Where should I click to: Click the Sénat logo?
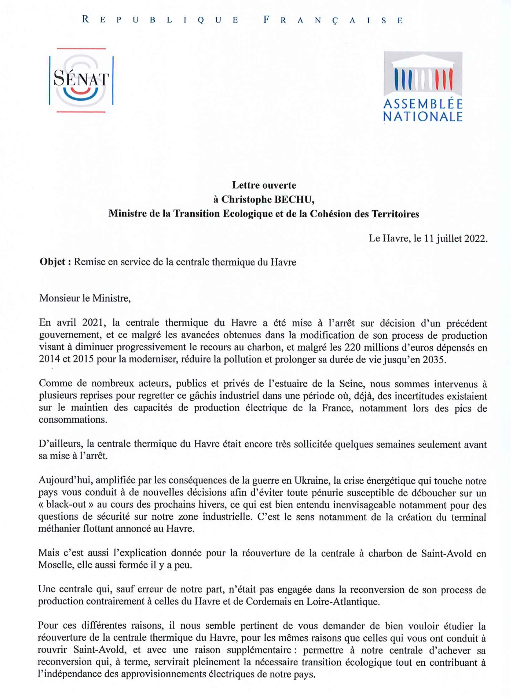pyautogui.click(x=81, y=80)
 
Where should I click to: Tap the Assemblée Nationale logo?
pyautogui.click(x=423, y=86)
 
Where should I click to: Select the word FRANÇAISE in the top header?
pyautogui.click(x=333, y=20)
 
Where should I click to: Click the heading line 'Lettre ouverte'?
pyautogui.click(x=264, y=185)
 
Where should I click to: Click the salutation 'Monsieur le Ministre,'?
pyautogui.click(x=85, y=298)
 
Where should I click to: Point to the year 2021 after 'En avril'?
pyautogui.click(x=92, y=323)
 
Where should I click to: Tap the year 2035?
pyautogui.click(x=435, y=359)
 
